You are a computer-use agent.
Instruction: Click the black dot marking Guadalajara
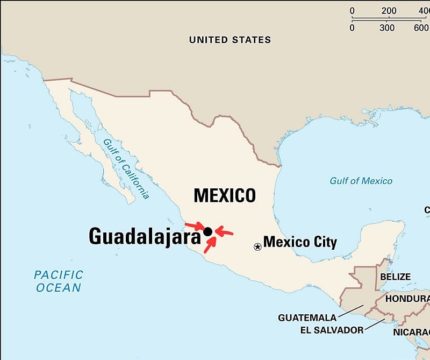coord(208,231)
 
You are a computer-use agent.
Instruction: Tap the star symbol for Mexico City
coord(257,246)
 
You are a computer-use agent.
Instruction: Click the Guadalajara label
coord(145,236)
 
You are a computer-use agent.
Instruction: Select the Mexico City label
coord(300,242)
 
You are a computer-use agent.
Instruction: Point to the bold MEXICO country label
coord(225,195)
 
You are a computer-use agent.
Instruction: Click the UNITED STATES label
coord(230,40)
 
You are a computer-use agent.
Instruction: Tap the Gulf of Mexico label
coord(361,181)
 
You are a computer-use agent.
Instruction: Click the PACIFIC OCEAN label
coord(59,281)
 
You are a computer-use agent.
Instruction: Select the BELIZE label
coord(395,277)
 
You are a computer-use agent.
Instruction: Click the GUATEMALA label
coord(307,317)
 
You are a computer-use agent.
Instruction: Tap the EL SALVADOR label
coord(332,330)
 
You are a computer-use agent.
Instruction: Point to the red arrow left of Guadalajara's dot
coord(193,225)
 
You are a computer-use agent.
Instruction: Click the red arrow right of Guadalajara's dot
coord(224,232)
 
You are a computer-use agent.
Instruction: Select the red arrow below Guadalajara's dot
coord(210,245)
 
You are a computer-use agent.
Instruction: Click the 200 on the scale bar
coord(389,11)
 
